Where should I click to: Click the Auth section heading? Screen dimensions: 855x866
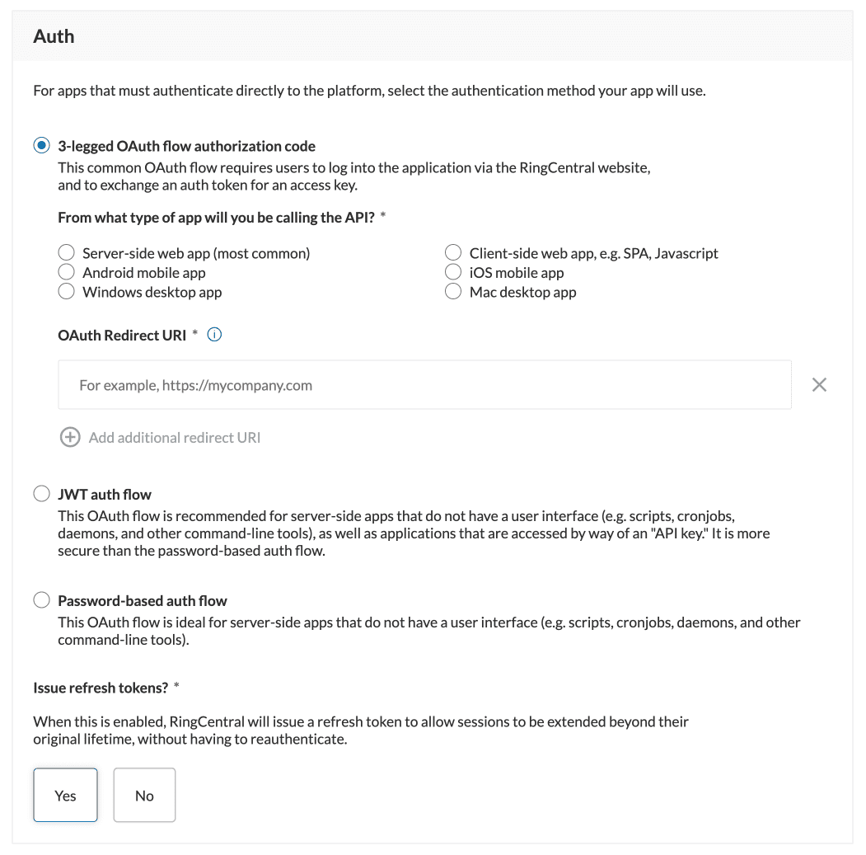click(54, 36)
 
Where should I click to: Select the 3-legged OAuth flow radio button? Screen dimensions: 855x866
click(41, 146)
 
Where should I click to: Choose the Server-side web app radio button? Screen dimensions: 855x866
click(67, 253)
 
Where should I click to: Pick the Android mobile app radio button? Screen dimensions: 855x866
click(67, 272)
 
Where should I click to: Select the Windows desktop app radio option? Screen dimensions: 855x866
click(67, 292)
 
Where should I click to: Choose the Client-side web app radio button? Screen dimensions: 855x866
click(453, 253)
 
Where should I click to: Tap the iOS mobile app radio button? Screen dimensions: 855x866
click(453, 272)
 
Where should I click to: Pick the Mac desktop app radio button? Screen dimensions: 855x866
click(453, 292)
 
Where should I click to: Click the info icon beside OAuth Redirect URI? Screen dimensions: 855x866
click(215, 335)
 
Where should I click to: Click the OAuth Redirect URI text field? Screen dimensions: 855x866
click(424, 385)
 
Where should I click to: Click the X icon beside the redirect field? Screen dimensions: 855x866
click(819, 385)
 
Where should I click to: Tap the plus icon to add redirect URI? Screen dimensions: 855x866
click(70, 438)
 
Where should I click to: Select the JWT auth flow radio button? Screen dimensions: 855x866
click(41, 494)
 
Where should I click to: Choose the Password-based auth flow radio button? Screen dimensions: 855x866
click(41, 600)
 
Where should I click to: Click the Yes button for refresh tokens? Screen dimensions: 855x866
click(65, 796)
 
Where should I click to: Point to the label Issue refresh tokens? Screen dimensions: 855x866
click(100, 688)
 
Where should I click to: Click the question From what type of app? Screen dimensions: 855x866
click(216, 218)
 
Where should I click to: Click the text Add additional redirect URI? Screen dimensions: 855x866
click(175, 438)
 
